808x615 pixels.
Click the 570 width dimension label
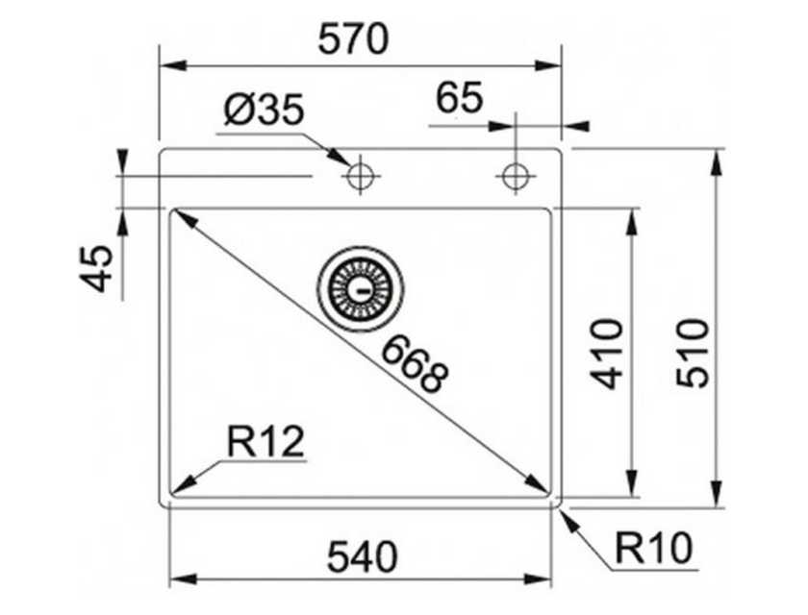click(353, 40)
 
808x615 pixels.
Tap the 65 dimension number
click(460, 98)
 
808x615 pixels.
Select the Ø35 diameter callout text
click(264, 110)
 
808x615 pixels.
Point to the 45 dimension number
click(96, 269)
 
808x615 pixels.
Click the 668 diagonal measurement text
click(415, 363)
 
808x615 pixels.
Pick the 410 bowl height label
click(607, 353)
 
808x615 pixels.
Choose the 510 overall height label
click(694, 353)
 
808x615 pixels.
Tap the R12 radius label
click(265, 442)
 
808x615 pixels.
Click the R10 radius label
click(653, 548)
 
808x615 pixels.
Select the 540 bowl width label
click(363, 556)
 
